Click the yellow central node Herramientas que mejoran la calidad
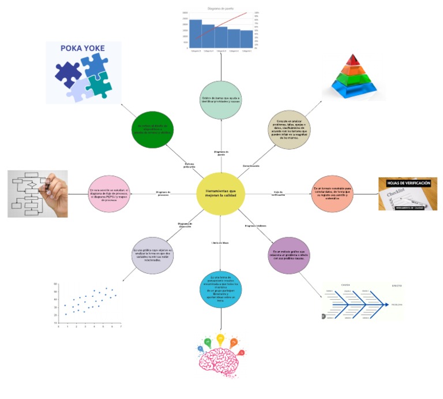coord(220,193)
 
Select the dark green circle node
coord(153,129)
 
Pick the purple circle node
coord(290,254)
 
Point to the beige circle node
coord(289,129)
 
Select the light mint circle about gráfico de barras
coord(221,100)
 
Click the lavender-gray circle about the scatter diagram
coord(153,254)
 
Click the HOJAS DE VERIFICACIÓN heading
coord(407,182)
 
